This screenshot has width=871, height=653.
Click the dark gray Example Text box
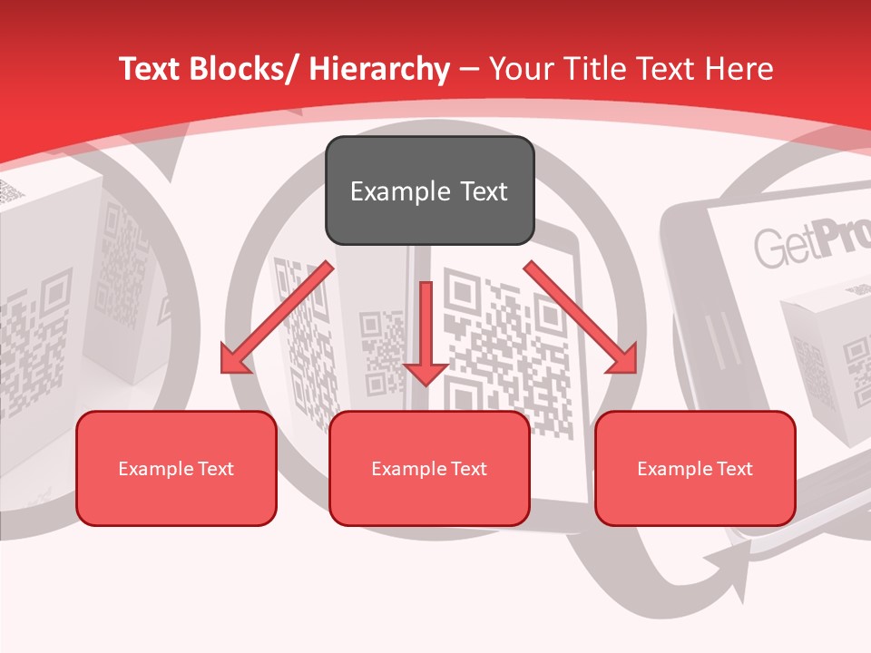[429, 190]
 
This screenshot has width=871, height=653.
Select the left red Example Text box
[176, 468]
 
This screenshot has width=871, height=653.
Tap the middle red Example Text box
[429, 468]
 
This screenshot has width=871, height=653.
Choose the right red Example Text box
[695, 468]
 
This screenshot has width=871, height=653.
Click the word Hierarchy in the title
[378, 69]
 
